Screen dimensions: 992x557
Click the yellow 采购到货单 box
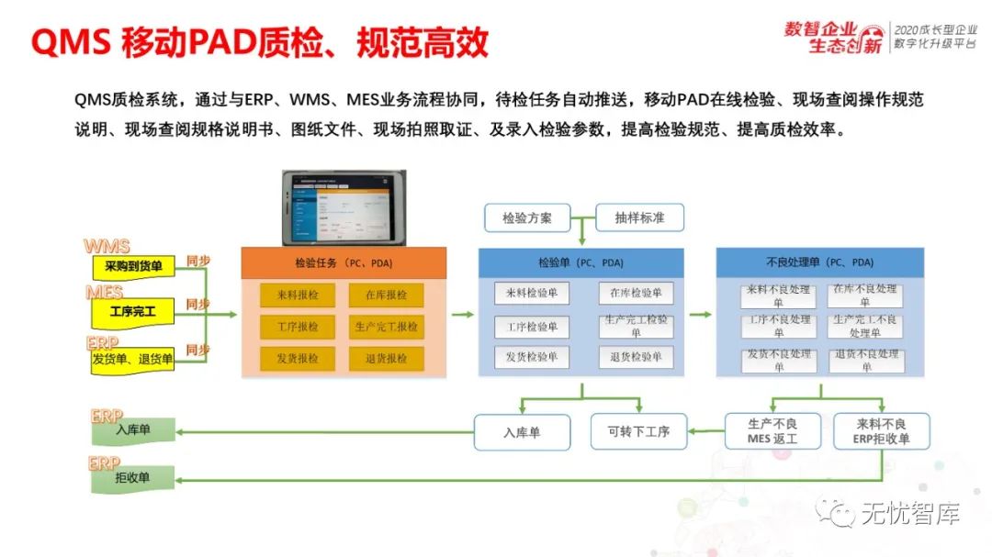(132, 266)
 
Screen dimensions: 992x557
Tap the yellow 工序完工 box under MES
(132, 312)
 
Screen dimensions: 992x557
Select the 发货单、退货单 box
(132, 359)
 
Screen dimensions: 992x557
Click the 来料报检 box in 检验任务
(298, 295)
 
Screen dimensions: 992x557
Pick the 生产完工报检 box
(386, 327)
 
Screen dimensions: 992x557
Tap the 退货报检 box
(386, 358)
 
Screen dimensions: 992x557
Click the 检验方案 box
(527, 217)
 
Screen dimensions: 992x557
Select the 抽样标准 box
(640, 217)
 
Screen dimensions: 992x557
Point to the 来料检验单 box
(532, 294)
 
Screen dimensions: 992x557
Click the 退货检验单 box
(636, 357)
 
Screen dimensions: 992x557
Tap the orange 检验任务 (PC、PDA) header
(344, 262)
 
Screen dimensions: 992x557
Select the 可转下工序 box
(638, 431)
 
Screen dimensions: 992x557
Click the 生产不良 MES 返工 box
(772, 431)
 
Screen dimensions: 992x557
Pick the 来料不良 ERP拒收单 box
(881, 431)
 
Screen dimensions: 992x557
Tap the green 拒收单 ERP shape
(132, 476)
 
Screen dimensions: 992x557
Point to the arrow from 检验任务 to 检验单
(463, 315)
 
